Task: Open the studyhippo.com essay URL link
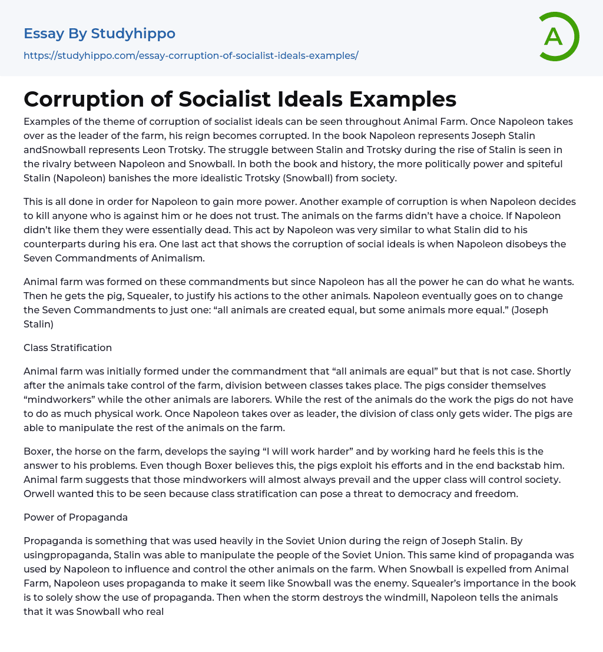(191, 55)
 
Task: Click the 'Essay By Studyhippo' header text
(100, 34)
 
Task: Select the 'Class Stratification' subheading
(68, 347)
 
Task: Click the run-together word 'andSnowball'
(51, 150)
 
